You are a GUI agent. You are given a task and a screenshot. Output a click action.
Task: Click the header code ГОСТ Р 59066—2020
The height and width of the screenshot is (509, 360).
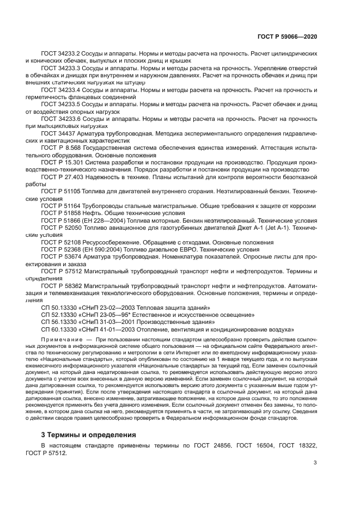[x=287, y=36]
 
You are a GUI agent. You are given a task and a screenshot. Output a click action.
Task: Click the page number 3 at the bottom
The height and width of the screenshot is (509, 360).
[x=315, y=463]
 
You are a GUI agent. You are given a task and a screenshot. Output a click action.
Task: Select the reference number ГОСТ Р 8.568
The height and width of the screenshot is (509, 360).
[x=60, y=147]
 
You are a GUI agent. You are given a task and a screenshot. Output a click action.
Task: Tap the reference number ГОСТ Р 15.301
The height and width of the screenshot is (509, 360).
[x=62, y=162]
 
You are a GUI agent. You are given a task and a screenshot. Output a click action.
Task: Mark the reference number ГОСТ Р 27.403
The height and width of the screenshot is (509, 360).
[x=62, y=176]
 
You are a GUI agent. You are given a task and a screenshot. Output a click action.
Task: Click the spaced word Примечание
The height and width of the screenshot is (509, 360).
[x=60, y=340]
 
